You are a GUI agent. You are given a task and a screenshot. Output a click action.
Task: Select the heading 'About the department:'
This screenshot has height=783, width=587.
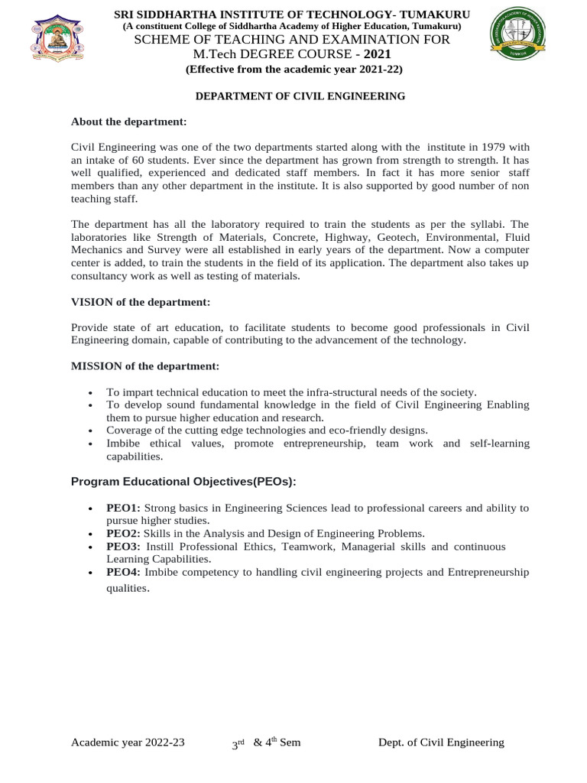coord(128,122)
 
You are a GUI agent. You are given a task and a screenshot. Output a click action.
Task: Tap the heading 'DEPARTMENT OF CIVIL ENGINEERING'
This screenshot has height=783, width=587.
coord(300,96)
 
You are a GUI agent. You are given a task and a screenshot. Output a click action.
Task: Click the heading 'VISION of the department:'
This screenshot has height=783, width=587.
coord(140,303)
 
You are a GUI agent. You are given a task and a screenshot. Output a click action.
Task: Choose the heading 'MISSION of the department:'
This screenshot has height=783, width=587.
coord(145,366)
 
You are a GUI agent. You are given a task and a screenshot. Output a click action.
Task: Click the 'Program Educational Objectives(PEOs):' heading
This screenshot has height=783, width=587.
coord(183,482)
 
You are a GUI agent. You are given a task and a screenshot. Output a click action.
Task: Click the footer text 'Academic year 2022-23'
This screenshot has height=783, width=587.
coord(128,742)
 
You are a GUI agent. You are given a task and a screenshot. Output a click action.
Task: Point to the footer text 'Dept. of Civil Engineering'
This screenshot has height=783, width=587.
coord(442,742)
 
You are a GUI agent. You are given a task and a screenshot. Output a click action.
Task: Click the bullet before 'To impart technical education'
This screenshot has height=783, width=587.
coord(92,392)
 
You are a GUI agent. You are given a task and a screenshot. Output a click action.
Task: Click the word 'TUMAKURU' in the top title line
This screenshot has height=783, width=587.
coord(436,15)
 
